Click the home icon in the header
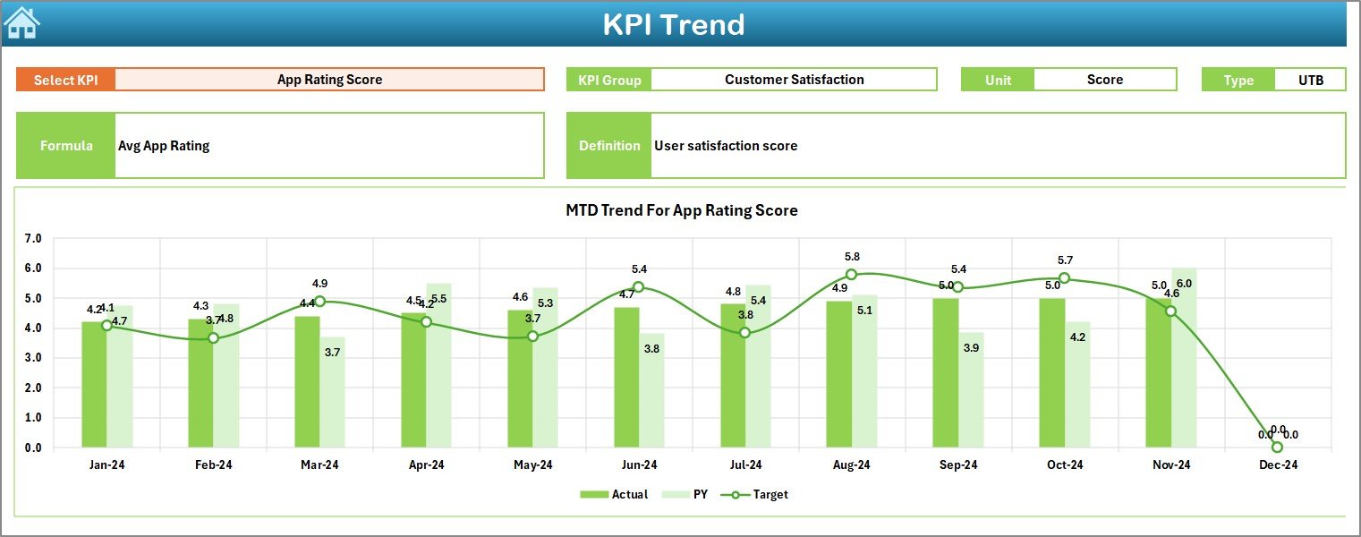pos(21,23)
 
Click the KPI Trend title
pos(673,24)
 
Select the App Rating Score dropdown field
pos(329,80)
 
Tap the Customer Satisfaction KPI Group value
pos(794,80)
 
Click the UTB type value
pos(1310,80)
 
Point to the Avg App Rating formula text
pos(164,146)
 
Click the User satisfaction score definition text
pos(726,146)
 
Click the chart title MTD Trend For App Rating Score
pos(681,210)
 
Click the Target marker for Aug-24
pos(851,275)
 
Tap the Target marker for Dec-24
pos(1277,447)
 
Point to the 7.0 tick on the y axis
pos(33,239)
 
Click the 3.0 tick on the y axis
pos(33,358)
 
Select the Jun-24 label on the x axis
pos(639,465)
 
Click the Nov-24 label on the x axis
pos(1171,465)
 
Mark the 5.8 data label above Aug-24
pos(852,257)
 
